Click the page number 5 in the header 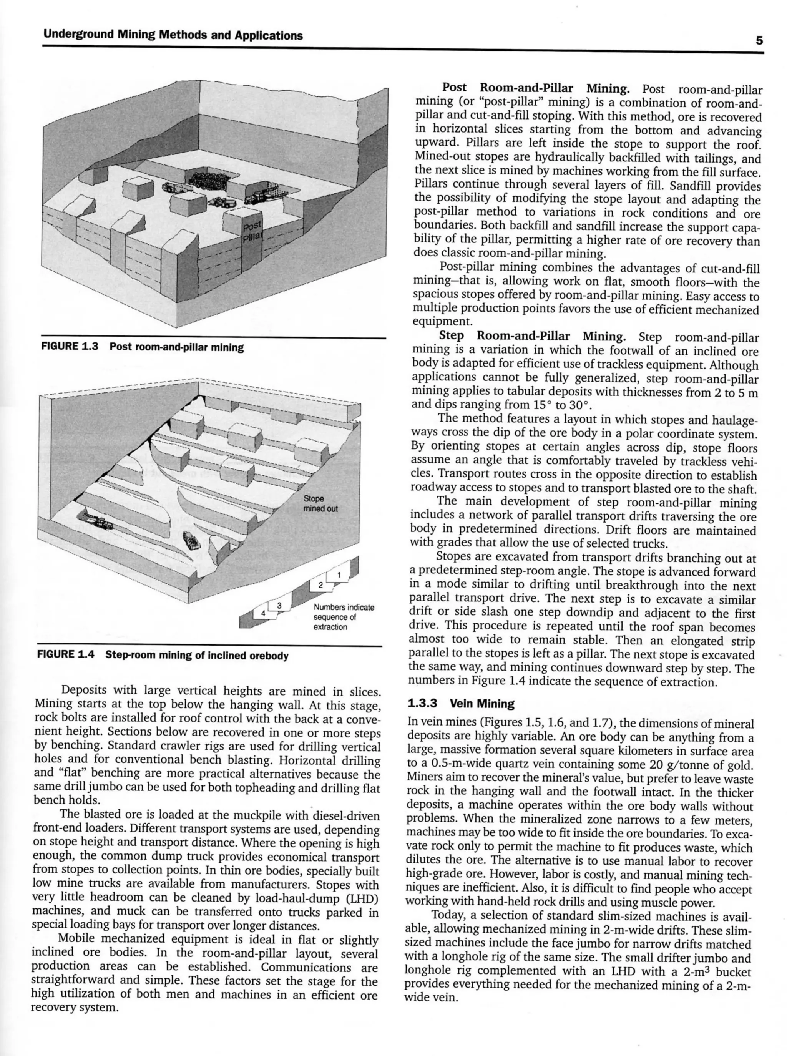pyautogui.click(x=759, y=40)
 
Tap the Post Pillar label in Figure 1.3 pyautogui.click(x=252, y=231)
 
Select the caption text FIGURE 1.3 pyautogui.click(x=70, y=347)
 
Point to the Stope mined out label pyautogui.click(x=320, y=503)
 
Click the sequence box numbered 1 pyautogui.click(x=339, y=575)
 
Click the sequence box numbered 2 pyautogui.click(x=320, y=584)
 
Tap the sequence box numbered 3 pyautogui.click(x=280, y=605)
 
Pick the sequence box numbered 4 pyautogui.click(x=262, y=613)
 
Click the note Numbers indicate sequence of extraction pyautogui.click(x=343, y=617)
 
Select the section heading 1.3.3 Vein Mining pyautogui.click(x=461, y=704)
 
